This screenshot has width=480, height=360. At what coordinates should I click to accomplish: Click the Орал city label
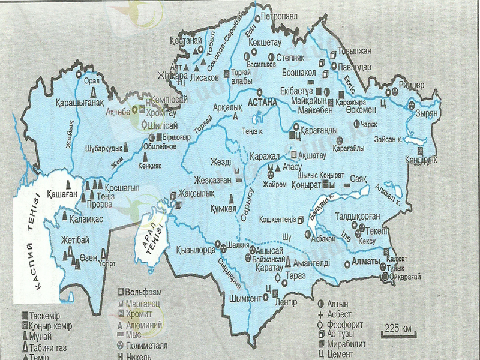point(91,81)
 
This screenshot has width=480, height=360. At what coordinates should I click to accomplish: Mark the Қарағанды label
point(318,129)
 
